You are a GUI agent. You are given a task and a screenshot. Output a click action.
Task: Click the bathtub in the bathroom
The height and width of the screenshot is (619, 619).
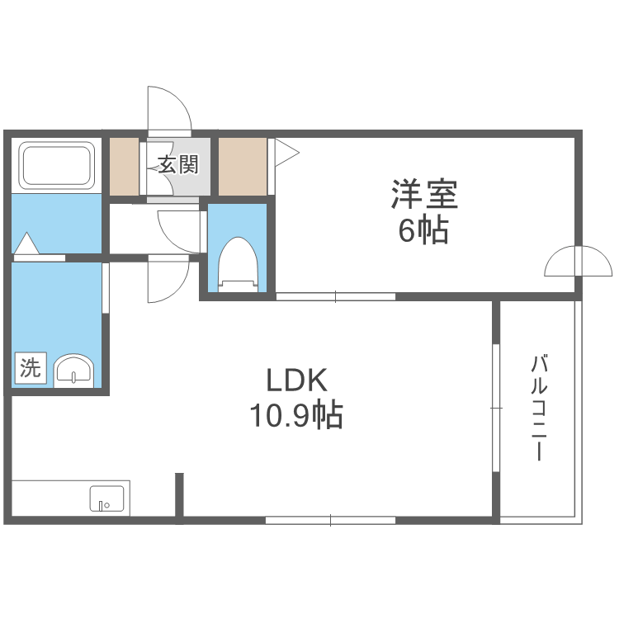tap(57, 165)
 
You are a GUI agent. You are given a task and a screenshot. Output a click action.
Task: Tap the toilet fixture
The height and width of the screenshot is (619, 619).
tap(239, 262)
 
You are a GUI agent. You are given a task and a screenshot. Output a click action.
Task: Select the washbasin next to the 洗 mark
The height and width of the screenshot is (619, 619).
tap(75, 371)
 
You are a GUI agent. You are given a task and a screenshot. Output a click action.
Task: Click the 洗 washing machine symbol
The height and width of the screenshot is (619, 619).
tap(31, 368)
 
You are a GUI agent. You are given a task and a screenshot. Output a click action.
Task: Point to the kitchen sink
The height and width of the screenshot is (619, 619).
tap(106, 499)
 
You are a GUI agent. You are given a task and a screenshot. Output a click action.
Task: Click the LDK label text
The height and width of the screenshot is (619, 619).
tap(297, 380)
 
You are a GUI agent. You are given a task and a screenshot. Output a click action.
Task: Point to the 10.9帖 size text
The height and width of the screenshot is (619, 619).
tap(297, 416)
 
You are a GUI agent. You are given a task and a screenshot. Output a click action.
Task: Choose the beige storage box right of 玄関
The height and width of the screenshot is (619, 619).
tap(243, 166)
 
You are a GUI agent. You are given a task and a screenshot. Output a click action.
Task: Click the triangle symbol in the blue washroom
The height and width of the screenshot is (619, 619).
tap(26, 244)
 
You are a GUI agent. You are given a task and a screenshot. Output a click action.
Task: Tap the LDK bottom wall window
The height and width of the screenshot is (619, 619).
tap(330, 520)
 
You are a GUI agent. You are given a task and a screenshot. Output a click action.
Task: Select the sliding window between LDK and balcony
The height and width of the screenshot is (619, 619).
tap(495, 408)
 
